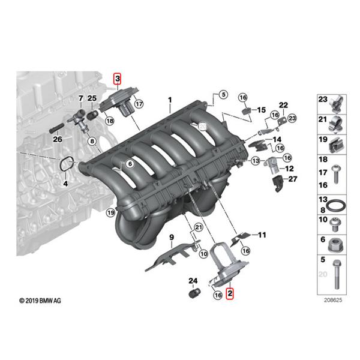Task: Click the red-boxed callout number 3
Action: click(x=118, y=79)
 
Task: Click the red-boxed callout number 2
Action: click(x=229, y=293)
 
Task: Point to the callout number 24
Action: click(x=193, y=280)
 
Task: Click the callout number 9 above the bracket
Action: click(x=171, y=238)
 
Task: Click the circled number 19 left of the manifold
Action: click(x=110, y=212)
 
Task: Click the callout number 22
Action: click(x=284, y=105)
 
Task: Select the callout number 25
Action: click(x=92, y=98)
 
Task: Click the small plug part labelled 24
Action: click(x=194, y=294)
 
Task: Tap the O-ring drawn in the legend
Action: click(x=338, y=206)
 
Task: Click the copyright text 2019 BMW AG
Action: click(x=40, y=299)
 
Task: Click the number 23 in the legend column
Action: click(x=323, y=99)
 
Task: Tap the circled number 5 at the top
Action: click(x=223, y=94)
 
